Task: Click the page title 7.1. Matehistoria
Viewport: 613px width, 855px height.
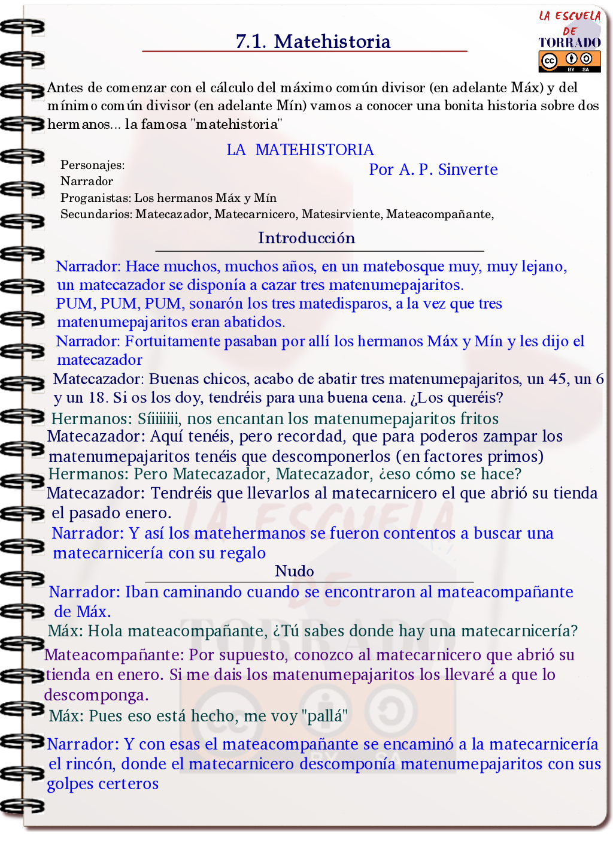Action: tap(312, 41)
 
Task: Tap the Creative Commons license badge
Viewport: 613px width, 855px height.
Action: tap(569, 61)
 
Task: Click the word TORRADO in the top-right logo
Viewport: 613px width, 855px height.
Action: tap(569, 43)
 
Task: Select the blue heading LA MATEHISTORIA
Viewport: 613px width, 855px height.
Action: tap(300, 150)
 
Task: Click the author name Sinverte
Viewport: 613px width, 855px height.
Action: tap(468, 170)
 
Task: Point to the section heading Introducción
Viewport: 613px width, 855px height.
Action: tap(306, 238)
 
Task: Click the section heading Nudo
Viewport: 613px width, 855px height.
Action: tap(294, 571)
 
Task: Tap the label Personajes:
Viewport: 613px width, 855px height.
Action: tap(92, 165)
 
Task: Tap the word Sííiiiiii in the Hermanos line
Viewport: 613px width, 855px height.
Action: tap(158, 418)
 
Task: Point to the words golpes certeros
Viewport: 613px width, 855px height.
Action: tap(102, 784)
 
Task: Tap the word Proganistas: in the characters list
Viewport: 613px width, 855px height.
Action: tap(95, 198)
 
